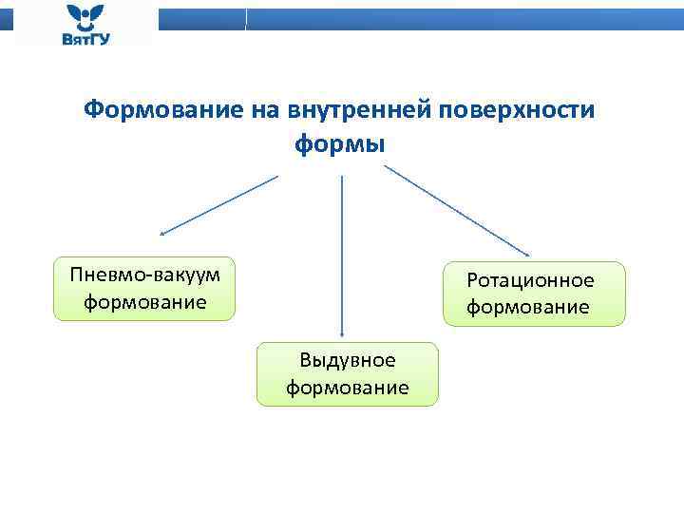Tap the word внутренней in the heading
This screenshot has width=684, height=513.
(354, 111)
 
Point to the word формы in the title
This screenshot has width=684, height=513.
(340, 144)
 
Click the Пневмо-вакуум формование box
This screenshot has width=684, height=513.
(144, 288)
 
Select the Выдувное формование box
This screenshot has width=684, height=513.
(348, 374)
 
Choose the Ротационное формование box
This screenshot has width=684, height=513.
(535, 294)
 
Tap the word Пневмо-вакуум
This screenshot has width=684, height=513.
(144, 275)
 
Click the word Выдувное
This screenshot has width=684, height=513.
(348, 360)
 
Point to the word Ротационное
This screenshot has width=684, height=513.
(529, 280)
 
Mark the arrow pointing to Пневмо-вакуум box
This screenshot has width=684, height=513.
(218, 204)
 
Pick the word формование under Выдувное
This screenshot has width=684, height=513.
(348, 388)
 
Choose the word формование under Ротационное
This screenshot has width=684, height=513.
(527, 308)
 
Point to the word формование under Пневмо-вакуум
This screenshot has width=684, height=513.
(144, 303)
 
